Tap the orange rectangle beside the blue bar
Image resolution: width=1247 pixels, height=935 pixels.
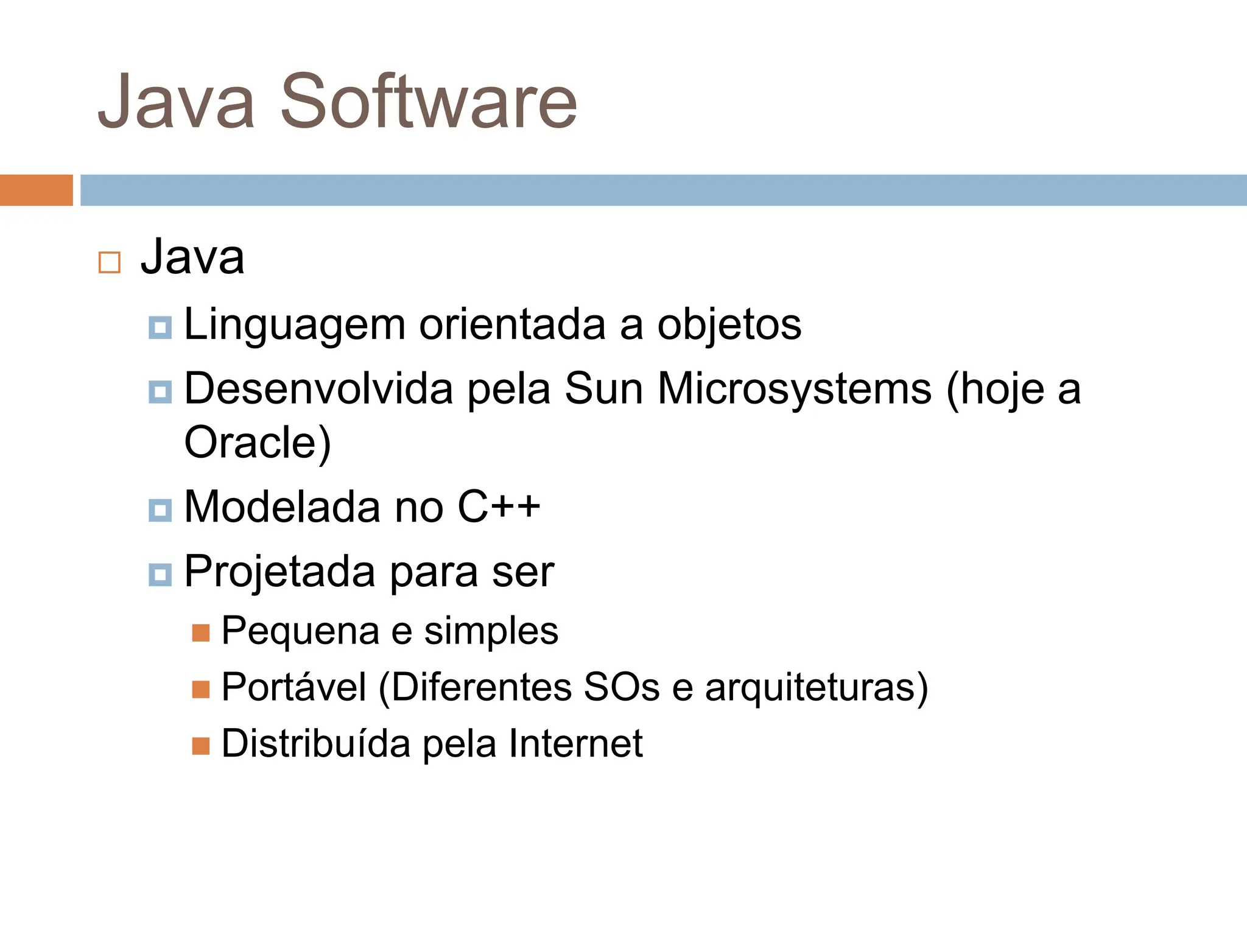(36, 190)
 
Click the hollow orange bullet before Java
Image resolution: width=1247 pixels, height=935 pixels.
(110, 262)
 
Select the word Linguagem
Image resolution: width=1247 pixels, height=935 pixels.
(295, 325)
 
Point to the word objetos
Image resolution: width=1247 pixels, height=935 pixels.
(729, 324)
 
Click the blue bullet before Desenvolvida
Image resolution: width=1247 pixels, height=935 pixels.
(160, 391)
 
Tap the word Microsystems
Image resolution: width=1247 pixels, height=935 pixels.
(794, 388)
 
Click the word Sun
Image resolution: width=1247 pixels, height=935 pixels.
(603, 388)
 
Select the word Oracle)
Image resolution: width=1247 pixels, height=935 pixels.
(258, 443)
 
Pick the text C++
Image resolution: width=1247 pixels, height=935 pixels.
(499, 506)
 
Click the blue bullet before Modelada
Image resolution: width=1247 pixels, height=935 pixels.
(160, 510)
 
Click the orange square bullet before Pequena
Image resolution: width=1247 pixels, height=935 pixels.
(201, 633)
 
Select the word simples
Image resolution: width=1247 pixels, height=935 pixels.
(491, 631)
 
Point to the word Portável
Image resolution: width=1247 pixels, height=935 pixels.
(293, 687)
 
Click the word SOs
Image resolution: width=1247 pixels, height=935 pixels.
(621, 687)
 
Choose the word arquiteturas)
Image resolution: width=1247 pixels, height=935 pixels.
(817, 688)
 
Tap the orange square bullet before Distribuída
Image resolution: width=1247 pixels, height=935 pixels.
(201, 746)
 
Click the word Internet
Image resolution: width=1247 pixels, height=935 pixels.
(575, 743)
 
